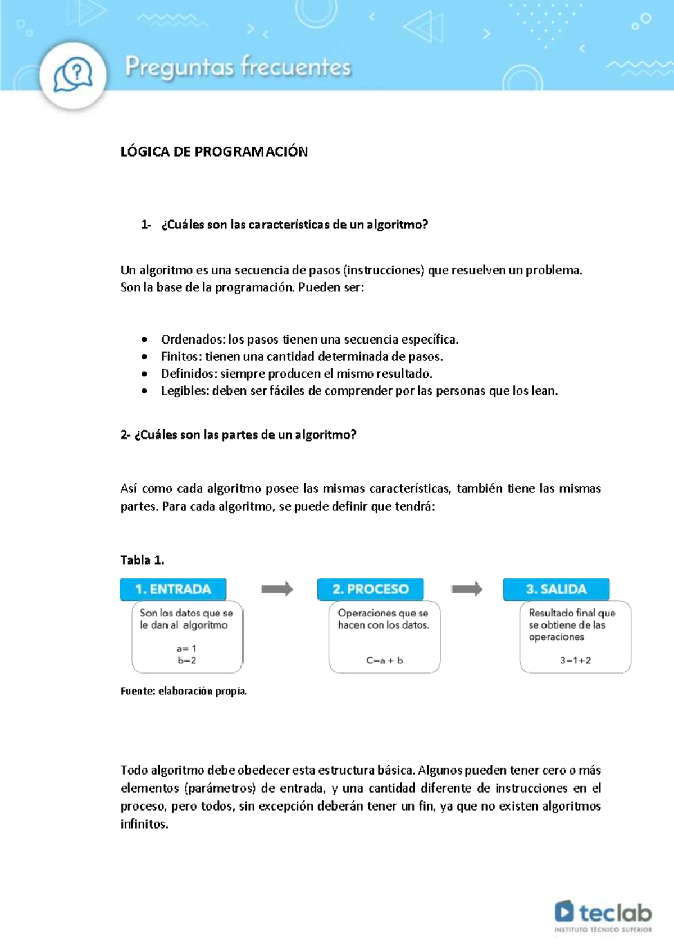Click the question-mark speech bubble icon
pos(73,74)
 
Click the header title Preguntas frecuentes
pos(238,67)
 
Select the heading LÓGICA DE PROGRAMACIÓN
pos(214,152)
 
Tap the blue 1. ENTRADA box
pos(173,589)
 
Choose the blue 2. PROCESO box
pos(370,589)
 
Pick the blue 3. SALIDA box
pos(556,589)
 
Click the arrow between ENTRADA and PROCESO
pos(277,589)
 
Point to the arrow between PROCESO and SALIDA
pos(467,589)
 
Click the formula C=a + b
pos(385,661)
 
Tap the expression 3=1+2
pos(575,661)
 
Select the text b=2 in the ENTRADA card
pos(187,661)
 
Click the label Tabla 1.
pos(142,560)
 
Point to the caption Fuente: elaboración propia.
pos(184,691)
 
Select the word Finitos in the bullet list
pos(181,356)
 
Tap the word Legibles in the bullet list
pos(184,391)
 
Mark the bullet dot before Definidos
pos(145,374)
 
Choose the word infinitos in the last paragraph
pos(144,824)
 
